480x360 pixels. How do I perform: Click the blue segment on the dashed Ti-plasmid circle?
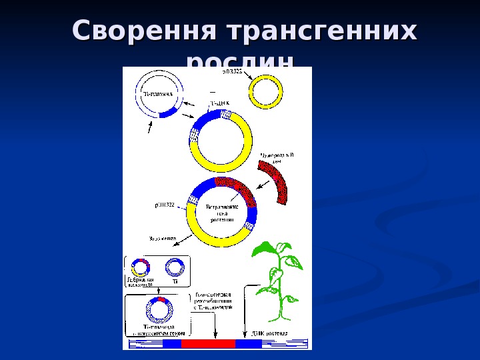tap(167, 112)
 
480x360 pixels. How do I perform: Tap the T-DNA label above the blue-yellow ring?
tap(219, 103)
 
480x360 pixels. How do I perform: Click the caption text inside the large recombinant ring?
tap(222, 211)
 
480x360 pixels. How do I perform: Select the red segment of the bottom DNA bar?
tap(208, 343)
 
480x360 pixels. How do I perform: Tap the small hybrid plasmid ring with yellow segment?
tap(140, 267)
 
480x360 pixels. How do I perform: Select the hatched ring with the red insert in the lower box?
tap(159, 310)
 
